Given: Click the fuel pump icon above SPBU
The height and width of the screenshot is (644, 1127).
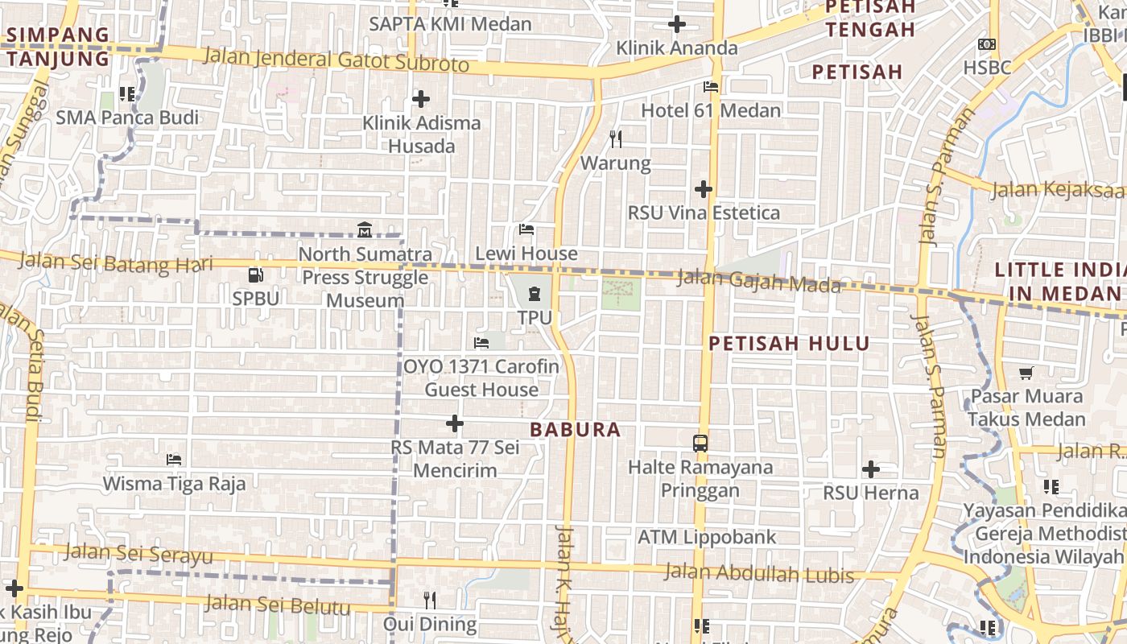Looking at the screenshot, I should (x=255, y=275).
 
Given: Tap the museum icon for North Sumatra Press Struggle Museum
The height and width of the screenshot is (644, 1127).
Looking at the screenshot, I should (x=364, y=230).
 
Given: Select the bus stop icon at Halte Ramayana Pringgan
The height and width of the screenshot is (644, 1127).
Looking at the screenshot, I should (x=700, y=443).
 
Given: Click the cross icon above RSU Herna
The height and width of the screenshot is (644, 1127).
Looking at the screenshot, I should (x=870, y=469).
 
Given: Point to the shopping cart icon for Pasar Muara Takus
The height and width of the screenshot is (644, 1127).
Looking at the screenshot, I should (x=1026, y=373).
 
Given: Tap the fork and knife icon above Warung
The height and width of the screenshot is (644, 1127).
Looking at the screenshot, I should (x=616, y=139).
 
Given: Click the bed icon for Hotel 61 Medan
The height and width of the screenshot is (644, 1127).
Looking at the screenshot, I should (x=711, y=87).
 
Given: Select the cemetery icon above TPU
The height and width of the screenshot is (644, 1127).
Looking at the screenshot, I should (x=535, y=295).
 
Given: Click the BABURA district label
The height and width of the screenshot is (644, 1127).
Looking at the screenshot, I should (x=576, y=430).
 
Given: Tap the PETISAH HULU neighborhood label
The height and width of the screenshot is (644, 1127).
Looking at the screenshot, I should (x=789, y=344).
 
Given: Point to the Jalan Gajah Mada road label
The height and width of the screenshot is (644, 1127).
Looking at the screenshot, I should (x=758, y=281).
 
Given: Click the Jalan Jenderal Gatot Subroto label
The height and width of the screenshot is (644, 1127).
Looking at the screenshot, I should (x=336, y=60).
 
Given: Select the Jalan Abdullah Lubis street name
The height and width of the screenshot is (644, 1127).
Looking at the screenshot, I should (x=758, y=574).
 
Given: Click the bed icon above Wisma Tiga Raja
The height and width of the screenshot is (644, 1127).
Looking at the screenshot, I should (x=174, y=460).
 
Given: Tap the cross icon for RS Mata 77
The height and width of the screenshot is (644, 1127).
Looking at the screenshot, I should (x=455, y=423).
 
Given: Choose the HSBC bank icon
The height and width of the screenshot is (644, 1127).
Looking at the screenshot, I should (x=986, y=44).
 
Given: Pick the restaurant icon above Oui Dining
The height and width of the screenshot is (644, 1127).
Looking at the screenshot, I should (x=430, y=600).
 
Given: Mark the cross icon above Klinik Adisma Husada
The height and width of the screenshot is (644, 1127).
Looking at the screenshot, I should (x=420, y=99).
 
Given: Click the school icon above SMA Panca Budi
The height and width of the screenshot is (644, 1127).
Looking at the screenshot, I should (x=126, y=94).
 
